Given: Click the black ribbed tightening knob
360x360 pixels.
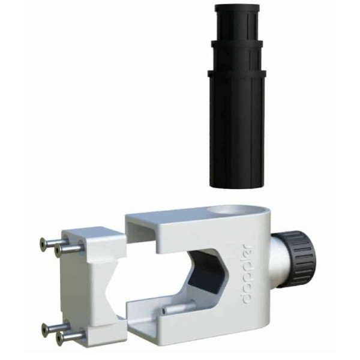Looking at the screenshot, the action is point(300,259).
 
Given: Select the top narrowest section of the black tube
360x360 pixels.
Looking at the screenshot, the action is point(237,23).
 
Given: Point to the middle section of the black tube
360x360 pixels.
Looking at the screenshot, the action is point(237,56).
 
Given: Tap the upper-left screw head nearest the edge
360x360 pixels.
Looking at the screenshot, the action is point(44,243).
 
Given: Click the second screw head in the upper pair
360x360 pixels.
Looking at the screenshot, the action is point(58,250).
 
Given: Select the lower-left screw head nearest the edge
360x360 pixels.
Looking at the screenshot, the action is point(46,329).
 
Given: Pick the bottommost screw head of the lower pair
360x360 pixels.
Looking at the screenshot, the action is point(61,337).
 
